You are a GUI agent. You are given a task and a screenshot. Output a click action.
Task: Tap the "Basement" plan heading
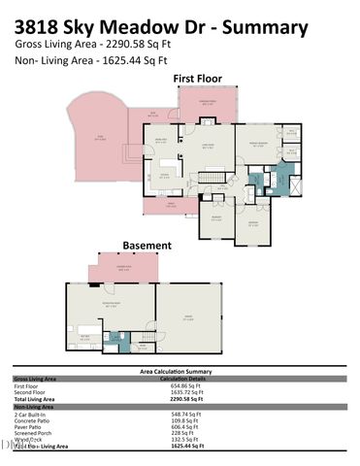click(147, 246)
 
